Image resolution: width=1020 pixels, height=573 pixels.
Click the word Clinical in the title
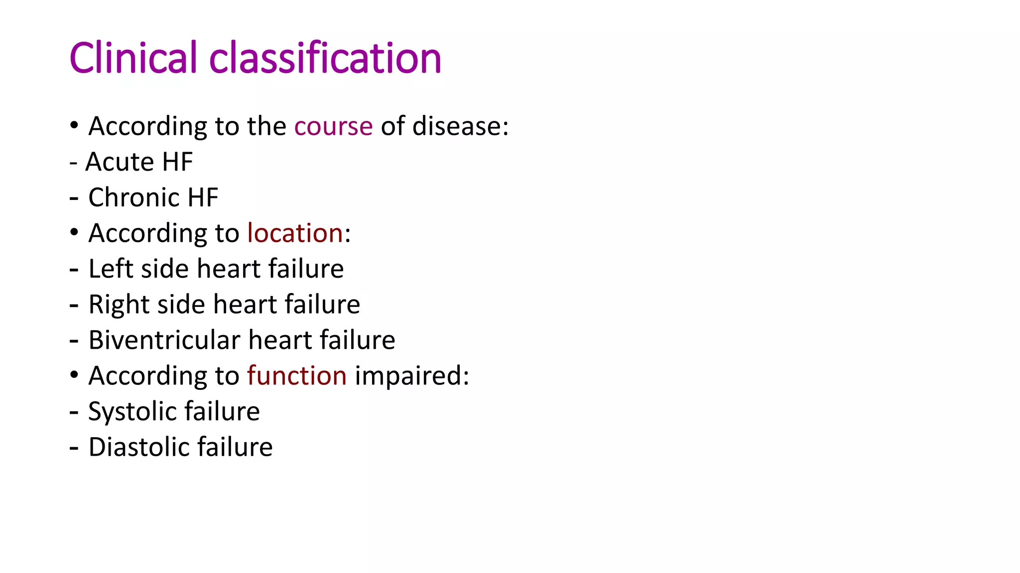133,58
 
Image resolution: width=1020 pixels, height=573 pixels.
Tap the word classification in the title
325,58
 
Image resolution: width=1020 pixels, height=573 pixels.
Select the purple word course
333,126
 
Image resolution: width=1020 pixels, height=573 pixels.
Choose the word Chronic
133,197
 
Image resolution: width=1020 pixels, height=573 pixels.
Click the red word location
295,233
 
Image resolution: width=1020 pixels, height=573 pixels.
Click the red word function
297,376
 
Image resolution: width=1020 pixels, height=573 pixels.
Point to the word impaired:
412,376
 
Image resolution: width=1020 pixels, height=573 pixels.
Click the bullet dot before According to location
74,232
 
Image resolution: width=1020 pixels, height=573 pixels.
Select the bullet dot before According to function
74,375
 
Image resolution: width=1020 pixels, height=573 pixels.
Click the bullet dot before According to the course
74,125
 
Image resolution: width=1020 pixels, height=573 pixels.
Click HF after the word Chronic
203,197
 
